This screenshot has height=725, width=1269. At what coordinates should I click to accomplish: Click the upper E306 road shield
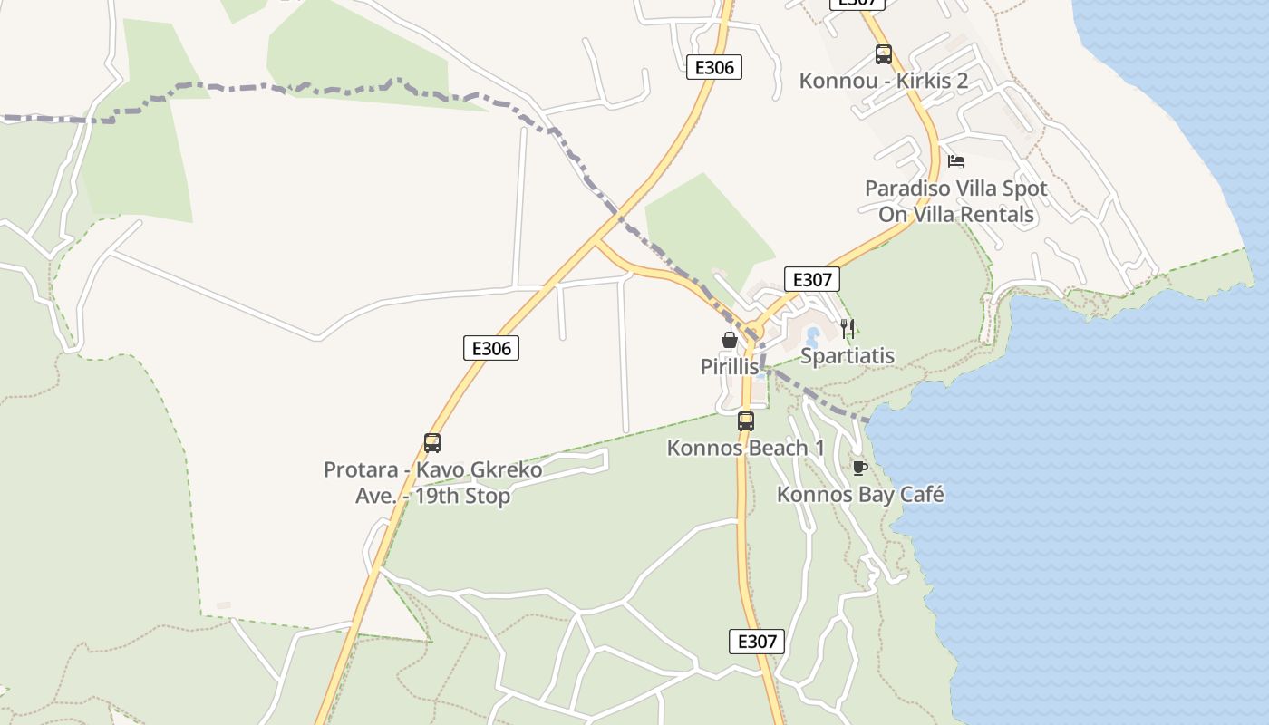(714, 67)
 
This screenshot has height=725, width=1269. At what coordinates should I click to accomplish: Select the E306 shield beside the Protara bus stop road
(491, 348)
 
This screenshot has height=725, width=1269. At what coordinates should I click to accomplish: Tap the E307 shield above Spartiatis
(811, 279)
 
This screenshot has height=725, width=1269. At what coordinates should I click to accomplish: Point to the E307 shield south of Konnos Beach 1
(757, 642)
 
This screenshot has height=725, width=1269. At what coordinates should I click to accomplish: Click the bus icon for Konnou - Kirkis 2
(884, 54)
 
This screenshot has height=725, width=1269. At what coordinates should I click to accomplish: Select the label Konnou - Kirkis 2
(884, 81)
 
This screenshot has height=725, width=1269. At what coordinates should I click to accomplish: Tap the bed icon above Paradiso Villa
(956, 162)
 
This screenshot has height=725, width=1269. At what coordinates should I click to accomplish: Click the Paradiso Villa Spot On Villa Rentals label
(956, 201)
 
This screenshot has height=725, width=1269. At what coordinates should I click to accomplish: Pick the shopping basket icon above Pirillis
(729, 340)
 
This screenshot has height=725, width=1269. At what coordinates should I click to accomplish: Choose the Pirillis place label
(729, 366)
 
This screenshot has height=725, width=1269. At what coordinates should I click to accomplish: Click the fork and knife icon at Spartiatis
(848, 328)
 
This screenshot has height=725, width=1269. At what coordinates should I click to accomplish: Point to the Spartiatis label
(848, 356)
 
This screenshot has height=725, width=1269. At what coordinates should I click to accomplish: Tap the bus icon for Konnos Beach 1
(746, 421)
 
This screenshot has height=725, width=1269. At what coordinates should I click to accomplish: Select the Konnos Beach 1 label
(746, 448)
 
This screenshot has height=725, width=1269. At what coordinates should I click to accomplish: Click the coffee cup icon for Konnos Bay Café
(859, 468)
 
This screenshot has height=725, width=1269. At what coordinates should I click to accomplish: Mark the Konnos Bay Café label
(860, 495)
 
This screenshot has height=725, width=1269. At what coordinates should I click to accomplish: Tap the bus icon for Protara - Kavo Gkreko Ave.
(432, 443)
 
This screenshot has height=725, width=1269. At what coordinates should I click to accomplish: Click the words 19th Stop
(462, 497)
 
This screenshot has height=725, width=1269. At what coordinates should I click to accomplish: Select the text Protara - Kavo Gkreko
(432, 470)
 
